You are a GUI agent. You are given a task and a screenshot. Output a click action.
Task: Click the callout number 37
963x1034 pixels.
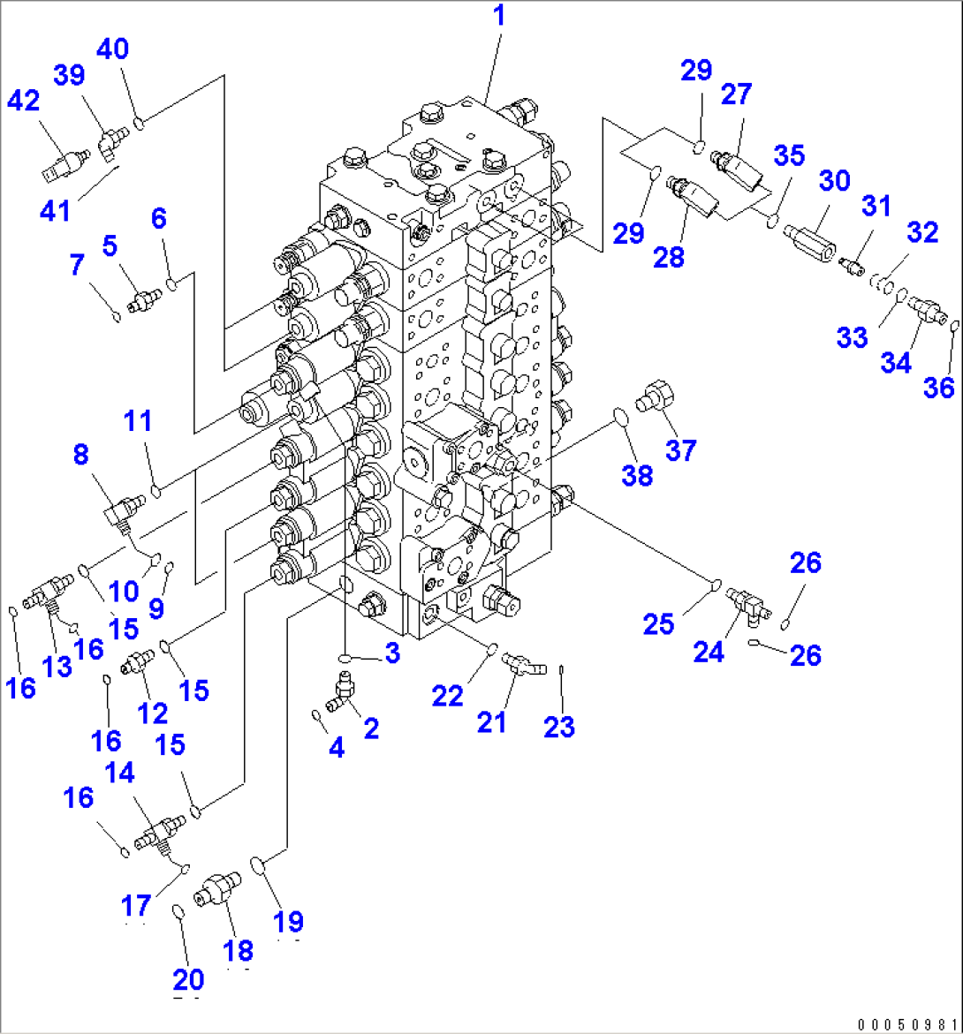click(681, 450)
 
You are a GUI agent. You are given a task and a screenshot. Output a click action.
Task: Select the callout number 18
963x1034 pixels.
click(239, 950)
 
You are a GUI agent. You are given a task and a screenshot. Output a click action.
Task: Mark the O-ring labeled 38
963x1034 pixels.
click(621, 418)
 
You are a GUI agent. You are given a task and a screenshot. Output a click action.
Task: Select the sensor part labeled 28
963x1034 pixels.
click(694, 193)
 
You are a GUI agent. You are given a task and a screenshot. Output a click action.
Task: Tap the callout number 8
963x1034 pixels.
click(80, 455)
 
